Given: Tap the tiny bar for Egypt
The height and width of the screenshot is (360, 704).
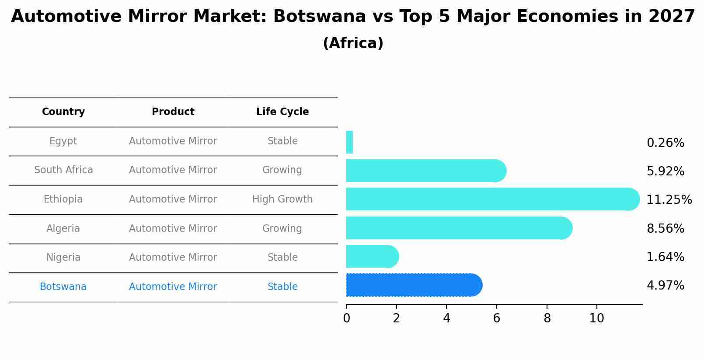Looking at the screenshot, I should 349,142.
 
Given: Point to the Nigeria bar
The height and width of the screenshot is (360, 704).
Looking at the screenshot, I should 372,256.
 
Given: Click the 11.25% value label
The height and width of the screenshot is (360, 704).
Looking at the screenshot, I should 669,200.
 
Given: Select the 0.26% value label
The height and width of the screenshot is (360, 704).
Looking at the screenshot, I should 665,143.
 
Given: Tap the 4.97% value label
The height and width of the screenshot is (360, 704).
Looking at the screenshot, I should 665,286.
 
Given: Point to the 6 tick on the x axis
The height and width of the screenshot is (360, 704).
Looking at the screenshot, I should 496,318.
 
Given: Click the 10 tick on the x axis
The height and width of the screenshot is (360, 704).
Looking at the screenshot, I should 596,318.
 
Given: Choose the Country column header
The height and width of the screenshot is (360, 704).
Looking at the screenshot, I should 63,112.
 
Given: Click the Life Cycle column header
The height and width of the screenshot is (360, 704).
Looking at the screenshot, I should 282,112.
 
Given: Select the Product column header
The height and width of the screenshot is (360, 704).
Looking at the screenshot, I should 173,112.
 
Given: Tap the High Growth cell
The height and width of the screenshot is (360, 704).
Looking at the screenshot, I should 282,199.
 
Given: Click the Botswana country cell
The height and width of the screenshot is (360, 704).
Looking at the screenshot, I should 63,287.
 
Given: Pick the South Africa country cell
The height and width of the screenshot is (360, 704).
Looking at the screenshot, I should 63,170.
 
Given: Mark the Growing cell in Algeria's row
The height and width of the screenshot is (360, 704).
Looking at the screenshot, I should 282,229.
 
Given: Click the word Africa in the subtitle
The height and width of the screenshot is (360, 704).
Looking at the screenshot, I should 353,43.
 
